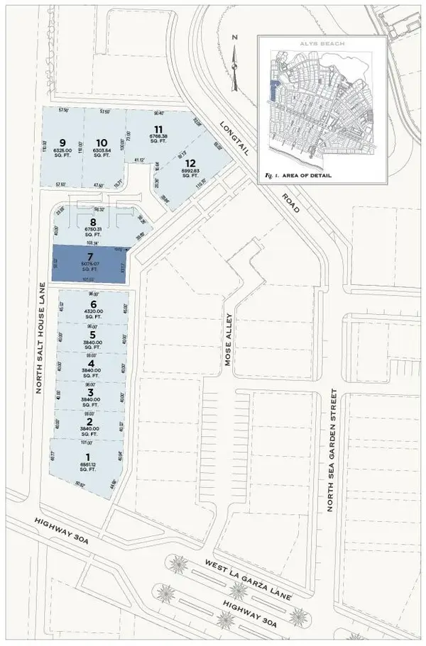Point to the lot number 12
pyautogui.click(x=190, y=161)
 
